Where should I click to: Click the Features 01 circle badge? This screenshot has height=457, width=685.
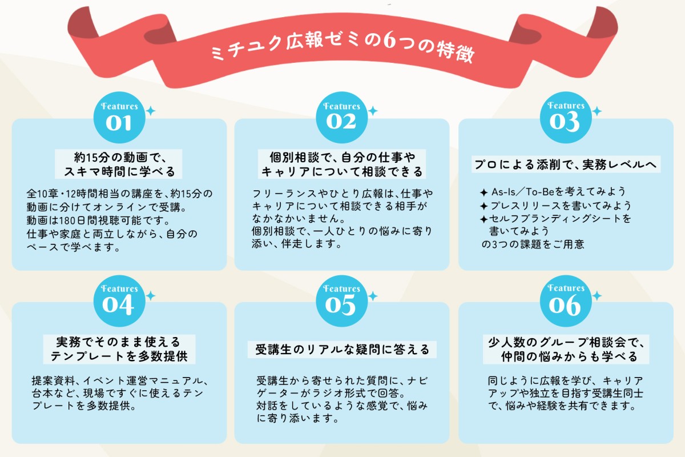pos(119,117)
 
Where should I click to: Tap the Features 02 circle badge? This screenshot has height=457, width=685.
pos(341,117)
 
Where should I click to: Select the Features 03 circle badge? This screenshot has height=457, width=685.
pos(566,117)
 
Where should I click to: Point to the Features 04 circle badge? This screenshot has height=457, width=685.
pos(119,300)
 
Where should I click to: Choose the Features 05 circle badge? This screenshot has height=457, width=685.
pos(341,300)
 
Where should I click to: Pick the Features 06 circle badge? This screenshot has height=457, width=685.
pos(566,300)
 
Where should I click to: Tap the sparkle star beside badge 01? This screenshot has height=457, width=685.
pos(150,111)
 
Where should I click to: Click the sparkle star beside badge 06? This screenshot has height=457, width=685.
pos(597,296)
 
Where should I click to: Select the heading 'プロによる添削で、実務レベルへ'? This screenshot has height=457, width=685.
pos(566,165)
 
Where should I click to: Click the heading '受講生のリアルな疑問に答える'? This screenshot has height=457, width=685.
pos(342,349)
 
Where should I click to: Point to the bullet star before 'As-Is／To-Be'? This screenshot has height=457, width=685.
pos(483,193)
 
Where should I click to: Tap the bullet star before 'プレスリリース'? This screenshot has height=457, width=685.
pos(483,206)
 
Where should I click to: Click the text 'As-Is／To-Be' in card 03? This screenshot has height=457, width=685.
pos(523,192)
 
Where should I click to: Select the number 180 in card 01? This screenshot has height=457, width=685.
pos(63,221)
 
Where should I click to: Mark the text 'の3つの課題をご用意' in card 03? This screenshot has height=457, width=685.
pos(533,244)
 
